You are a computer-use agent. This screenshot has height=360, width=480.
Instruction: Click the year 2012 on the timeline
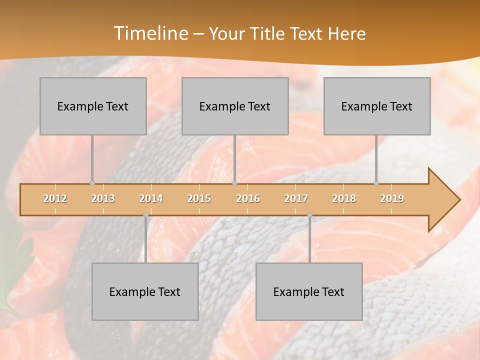(55, 198)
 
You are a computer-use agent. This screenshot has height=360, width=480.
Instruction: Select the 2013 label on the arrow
(103, 198)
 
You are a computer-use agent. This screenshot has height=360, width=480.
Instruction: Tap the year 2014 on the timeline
(151, 198)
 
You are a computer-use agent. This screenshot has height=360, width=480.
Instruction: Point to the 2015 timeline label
(199, 198)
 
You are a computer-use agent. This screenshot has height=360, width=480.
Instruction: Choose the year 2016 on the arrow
(248, 198)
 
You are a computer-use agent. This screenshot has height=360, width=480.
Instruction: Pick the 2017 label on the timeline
(296, 198)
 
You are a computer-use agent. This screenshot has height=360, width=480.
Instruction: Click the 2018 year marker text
(344, 198)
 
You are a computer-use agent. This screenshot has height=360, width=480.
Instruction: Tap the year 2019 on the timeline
(392, 198)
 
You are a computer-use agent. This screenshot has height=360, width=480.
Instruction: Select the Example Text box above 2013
(93, 106)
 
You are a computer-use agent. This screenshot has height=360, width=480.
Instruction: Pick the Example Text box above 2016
(235, 106)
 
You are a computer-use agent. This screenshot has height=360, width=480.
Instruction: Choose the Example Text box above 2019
(377, 106)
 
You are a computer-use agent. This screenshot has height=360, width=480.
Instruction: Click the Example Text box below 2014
(145, 291)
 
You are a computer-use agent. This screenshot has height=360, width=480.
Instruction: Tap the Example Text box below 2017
(309, 291)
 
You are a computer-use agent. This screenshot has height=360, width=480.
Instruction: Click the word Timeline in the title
(150, 33)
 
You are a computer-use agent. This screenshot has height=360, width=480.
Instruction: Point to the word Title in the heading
(267, 34)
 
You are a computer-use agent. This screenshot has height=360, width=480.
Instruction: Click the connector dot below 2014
(145, 214)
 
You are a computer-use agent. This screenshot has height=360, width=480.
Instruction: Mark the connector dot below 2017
(309, 214)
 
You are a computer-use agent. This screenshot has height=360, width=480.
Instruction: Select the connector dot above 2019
(376, 183)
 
